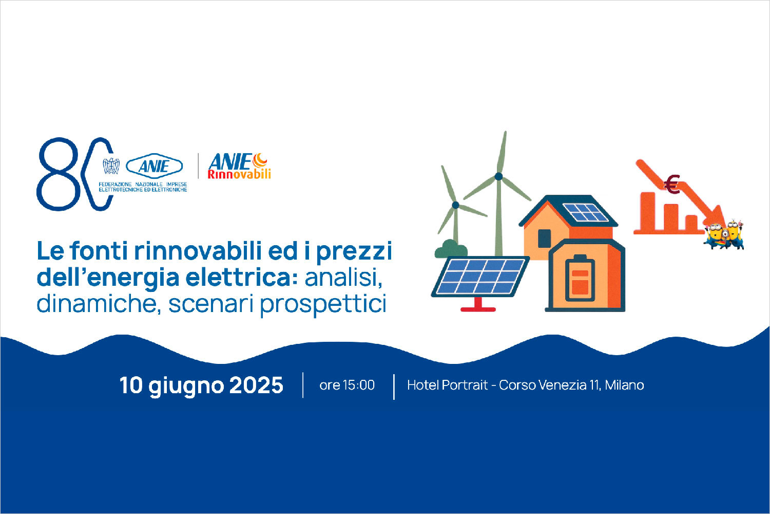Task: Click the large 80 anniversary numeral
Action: [x=74, y=174]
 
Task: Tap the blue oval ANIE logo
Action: [x=155, y=167]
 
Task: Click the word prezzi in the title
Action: [x=354, y=252]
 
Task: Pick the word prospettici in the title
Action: [x=323, y=304]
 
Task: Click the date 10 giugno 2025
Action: [x=201, y=385]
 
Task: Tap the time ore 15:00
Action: [x=347, y=385]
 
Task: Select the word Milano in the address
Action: [x=624, y=385]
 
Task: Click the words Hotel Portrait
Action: [x=447, y=385]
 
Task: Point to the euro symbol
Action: [x=671, y=185]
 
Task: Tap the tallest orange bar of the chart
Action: [x=648, y=211]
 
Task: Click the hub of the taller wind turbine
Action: [x=498, y=177]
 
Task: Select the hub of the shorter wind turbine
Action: [x=455, y=205]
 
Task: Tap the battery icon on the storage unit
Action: [x=580, y=278]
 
